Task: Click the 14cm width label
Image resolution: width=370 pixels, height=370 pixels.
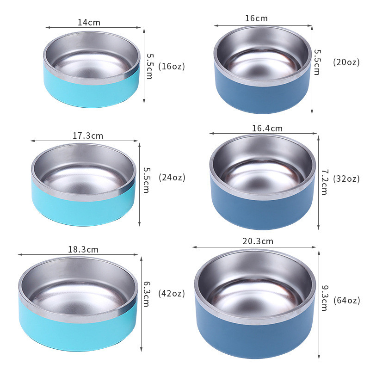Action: [x=89, y=22]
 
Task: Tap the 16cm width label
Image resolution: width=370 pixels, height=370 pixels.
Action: [x=256, y=18]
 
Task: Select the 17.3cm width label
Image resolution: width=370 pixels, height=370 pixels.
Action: [x=87, y=136]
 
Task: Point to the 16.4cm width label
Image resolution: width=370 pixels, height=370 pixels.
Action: [x=267, y=128]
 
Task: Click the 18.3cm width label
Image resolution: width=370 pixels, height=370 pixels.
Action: [x=83, y=249]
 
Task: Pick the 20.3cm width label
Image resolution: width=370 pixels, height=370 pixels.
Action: [x=258, y=241]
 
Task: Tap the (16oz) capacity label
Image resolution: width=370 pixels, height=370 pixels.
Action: [x=172, y=66]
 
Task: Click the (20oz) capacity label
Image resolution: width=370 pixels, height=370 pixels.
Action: [x=346, y=62]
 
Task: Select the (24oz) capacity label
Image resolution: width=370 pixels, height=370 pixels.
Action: [x=172, y=177]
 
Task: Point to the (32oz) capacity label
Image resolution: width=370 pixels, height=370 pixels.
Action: [x=346, y=179]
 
